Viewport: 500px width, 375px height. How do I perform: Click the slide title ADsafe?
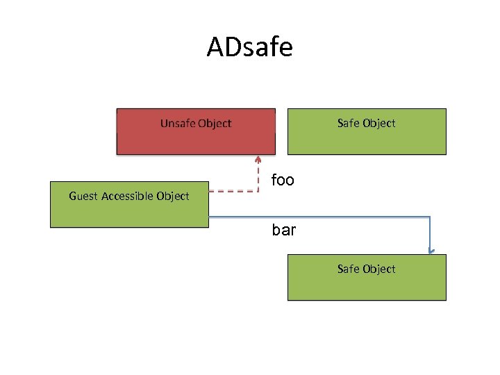coord(250,48)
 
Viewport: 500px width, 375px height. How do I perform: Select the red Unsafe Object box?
coord(196,139)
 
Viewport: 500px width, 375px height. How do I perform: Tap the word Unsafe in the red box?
coord(177,124)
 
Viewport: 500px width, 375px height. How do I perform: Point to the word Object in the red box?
coord(215,124)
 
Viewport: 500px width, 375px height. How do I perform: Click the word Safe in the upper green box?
coord(348,124)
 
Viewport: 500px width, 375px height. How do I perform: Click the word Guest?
coord(83,197)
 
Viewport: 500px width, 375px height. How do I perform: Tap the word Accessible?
coord(127,197)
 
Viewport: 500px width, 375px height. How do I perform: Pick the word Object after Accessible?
coord(173,197)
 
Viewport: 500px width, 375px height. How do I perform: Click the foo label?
coord(283,181)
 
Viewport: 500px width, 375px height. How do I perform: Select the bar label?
coord(284,229)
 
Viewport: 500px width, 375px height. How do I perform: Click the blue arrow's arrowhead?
coord(431,251)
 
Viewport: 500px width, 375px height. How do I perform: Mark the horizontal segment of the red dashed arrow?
coord(233,190)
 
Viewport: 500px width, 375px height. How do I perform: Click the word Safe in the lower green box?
coord(348,269)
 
